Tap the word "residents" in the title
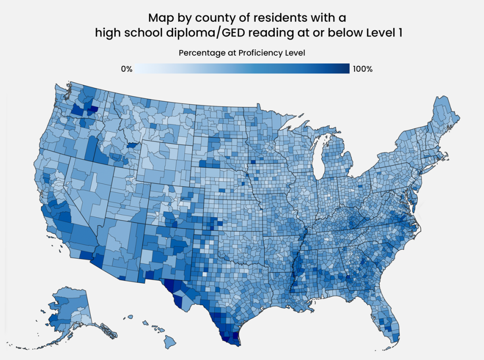[270, 18]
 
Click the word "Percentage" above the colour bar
[202, 53]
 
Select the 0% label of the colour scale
[126, 69]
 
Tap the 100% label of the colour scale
[363, 69]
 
